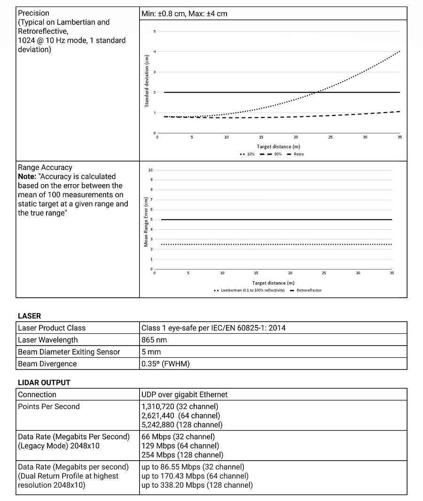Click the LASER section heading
29,316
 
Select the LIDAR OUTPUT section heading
44,383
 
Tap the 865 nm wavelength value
154,340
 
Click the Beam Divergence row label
47,364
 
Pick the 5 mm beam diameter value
151,352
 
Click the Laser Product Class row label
52,328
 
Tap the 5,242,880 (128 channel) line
182,425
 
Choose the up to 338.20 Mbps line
197,485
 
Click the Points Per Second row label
49,407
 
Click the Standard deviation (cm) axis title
147,81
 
